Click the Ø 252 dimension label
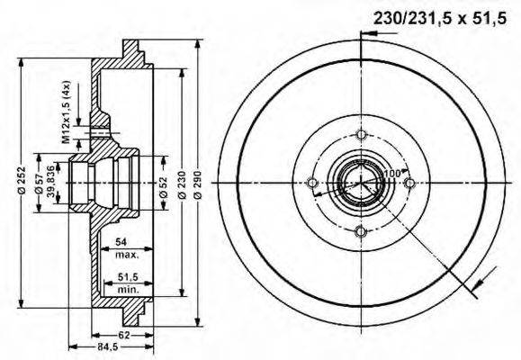coord(20,183)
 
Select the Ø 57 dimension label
coord(40,183)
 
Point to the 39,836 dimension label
coord(51,183)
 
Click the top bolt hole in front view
coord(361,135)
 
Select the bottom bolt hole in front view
coord(361,231)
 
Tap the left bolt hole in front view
coord(313,184)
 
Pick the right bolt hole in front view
coord(409,184)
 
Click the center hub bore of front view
coord(361,184)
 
